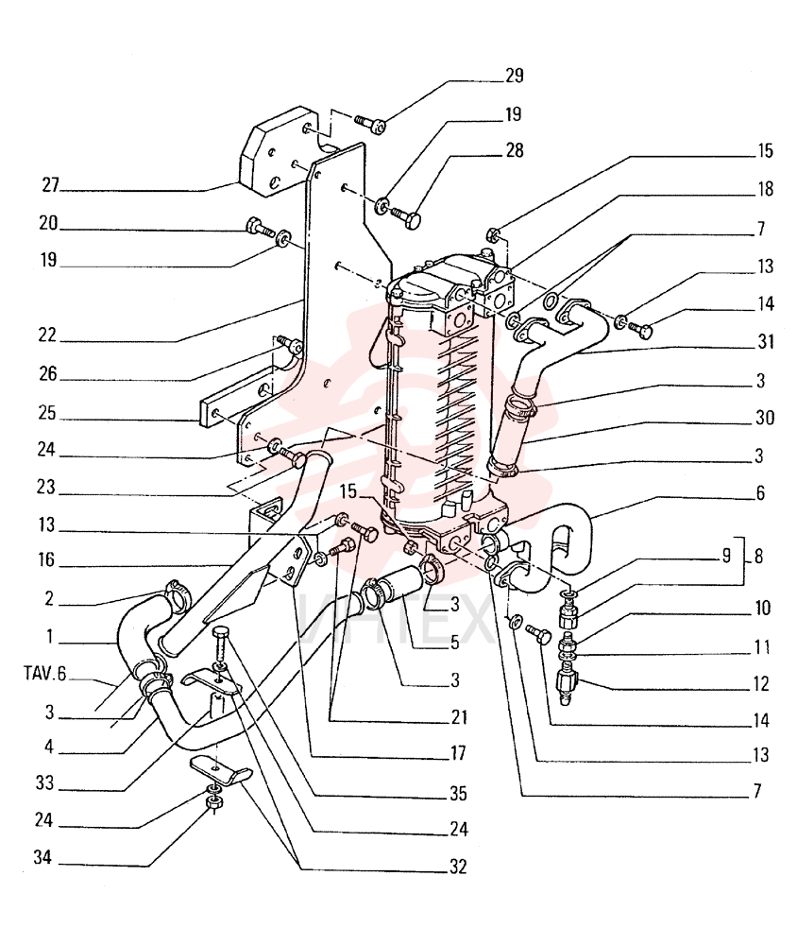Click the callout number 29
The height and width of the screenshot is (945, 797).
[x=515, y=76]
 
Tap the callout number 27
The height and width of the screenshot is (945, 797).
[x=51, y=184]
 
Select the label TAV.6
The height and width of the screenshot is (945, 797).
[x=44, y=673]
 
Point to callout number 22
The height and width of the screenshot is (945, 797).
[x=47, y=335]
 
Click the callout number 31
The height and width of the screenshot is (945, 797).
[x=766, y=342]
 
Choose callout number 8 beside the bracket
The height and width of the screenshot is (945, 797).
[x=759, y=557]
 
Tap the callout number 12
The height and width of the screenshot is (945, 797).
[x=761, y=683]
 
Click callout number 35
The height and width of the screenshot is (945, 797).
[x=458, y=793]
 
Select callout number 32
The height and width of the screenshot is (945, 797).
[x=458, y=867]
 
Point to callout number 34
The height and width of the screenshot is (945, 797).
[x=42, y=857]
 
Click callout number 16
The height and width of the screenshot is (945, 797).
[x=46, y=559]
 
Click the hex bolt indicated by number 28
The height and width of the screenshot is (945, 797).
[x=406, y=216]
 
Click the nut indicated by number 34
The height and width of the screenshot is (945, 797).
[x=212, y=801]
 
